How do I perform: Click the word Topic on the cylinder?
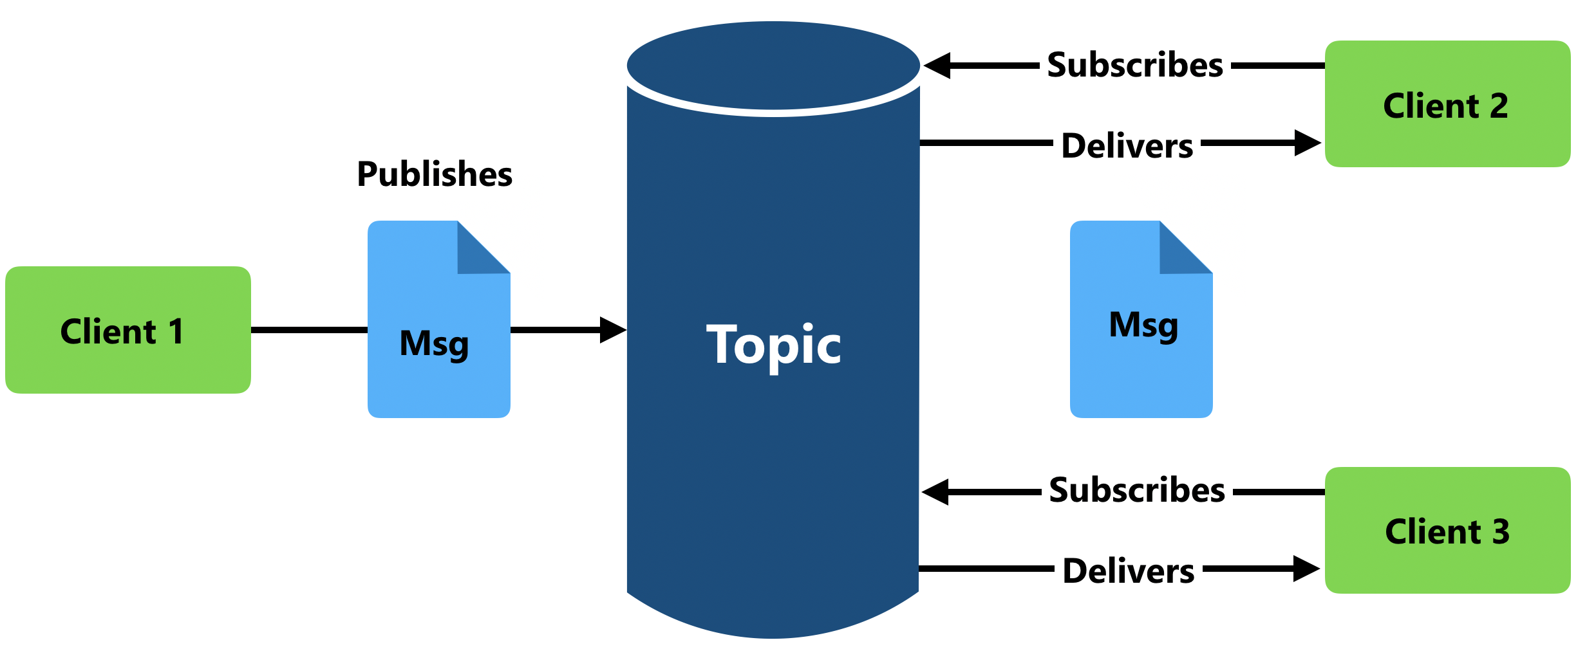tap(774, 345)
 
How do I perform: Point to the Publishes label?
tap(435, 174)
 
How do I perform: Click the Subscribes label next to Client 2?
tap(1134, 66)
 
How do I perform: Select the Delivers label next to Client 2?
tap(1127, 146)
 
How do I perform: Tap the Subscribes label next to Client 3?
tap(1136, 491)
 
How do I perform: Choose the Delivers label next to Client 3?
tap(1128, 571)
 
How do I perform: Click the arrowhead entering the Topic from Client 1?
tap(612, 330)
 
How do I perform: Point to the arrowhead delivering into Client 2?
tap(1307, 143)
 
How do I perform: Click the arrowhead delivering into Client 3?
tap(1306, 569)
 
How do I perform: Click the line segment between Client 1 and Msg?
tap(309, 330)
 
